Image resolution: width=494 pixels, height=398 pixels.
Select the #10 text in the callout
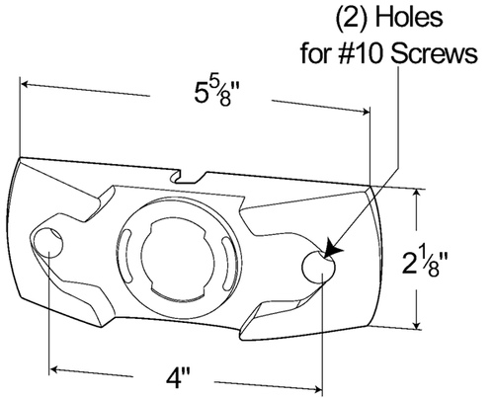click(x=351, y=53)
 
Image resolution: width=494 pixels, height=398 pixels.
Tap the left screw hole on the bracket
click(x=48, y=242)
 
